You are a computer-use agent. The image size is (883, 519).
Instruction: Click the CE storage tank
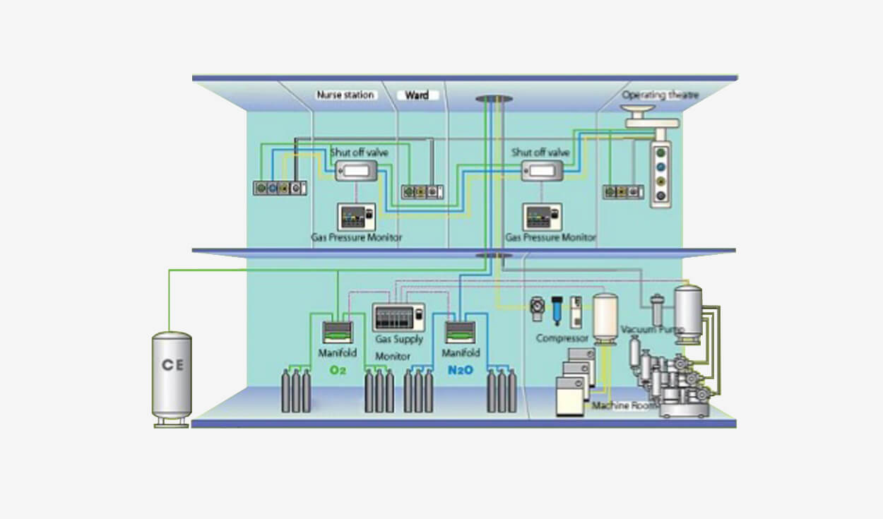[172, 376]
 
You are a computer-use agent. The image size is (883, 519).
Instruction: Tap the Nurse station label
[345, 95]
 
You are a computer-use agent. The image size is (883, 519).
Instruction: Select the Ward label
[417, 95]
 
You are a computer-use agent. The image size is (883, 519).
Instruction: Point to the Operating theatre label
[656, 95]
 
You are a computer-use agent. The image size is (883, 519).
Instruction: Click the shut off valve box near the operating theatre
[542, 170]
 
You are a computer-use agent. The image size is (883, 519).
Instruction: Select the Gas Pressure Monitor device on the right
[543, 216]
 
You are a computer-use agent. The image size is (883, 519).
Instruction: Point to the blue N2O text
[461, 369]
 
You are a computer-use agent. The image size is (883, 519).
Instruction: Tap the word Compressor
[562, 338]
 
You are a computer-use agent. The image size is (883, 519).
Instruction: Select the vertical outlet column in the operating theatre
[660, 174]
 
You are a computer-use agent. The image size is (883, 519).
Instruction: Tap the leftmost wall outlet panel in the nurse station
[280, 189]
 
